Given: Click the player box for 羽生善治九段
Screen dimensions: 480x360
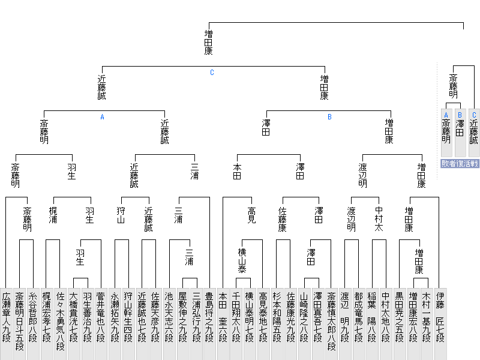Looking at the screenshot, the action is (x=87, y=324).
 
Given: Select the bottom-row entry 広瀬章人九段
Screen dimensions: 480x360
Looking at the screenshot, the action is (x=6, y=324).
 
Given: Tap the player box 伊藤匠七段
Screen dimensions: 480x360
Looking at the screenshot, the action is (x=440, y=324).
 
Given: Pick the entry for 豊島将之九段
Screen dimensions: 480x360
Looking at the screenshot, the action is (x=209, y=324).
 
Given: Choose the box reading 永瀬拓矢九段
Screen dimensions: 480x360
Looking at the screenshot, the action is (x=115, y=324).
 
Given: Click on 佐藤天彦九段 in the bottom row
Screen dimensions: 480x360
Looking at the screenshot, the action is (x=155, y=324).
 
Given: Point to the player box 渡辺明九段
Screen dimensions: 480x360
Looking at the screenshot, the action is (x=344, y=324).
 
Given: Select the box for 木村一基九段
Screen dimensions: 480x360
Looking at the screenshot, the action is (x=427, y=324).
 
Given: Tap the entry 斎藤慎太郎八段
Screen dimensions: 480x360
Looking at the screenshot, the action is (x=331, y=324).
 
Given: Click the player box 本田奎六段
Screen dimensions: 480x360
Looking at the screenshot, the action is (x=223, y=324).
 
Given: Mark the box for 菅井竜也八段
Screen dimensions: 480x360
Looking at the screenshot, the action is (x=101, y=324).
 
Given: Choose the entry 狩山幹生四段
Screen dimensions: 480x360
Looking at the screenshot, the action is (x=128, y=324).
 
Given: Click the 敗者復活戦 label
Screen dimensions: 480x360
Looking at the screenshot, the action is (x=460, y=163).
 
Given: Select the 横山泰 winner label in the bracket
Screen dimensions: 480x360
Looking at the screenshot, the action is (x=242, y=260).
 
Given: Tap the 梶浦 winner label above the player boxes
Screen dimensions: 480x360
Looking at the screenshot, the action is (x=53, y=215).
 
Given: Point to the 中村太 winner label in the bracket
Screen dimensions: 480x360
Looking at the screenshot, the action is (x=379, y=218).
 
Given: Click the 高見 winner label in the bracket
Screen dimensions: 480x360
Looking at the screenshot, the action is (x=251, y=215).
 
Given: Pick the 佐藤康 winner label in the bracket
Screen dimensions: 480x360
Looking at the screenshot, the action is (x=282, y=219).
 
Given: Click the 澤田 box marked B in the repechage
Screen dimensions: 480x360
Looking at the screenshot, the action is (x=460, y=133).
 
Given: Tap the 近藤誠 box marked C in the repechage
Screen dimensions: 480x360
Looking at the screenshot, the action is (x=474, y=133).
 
